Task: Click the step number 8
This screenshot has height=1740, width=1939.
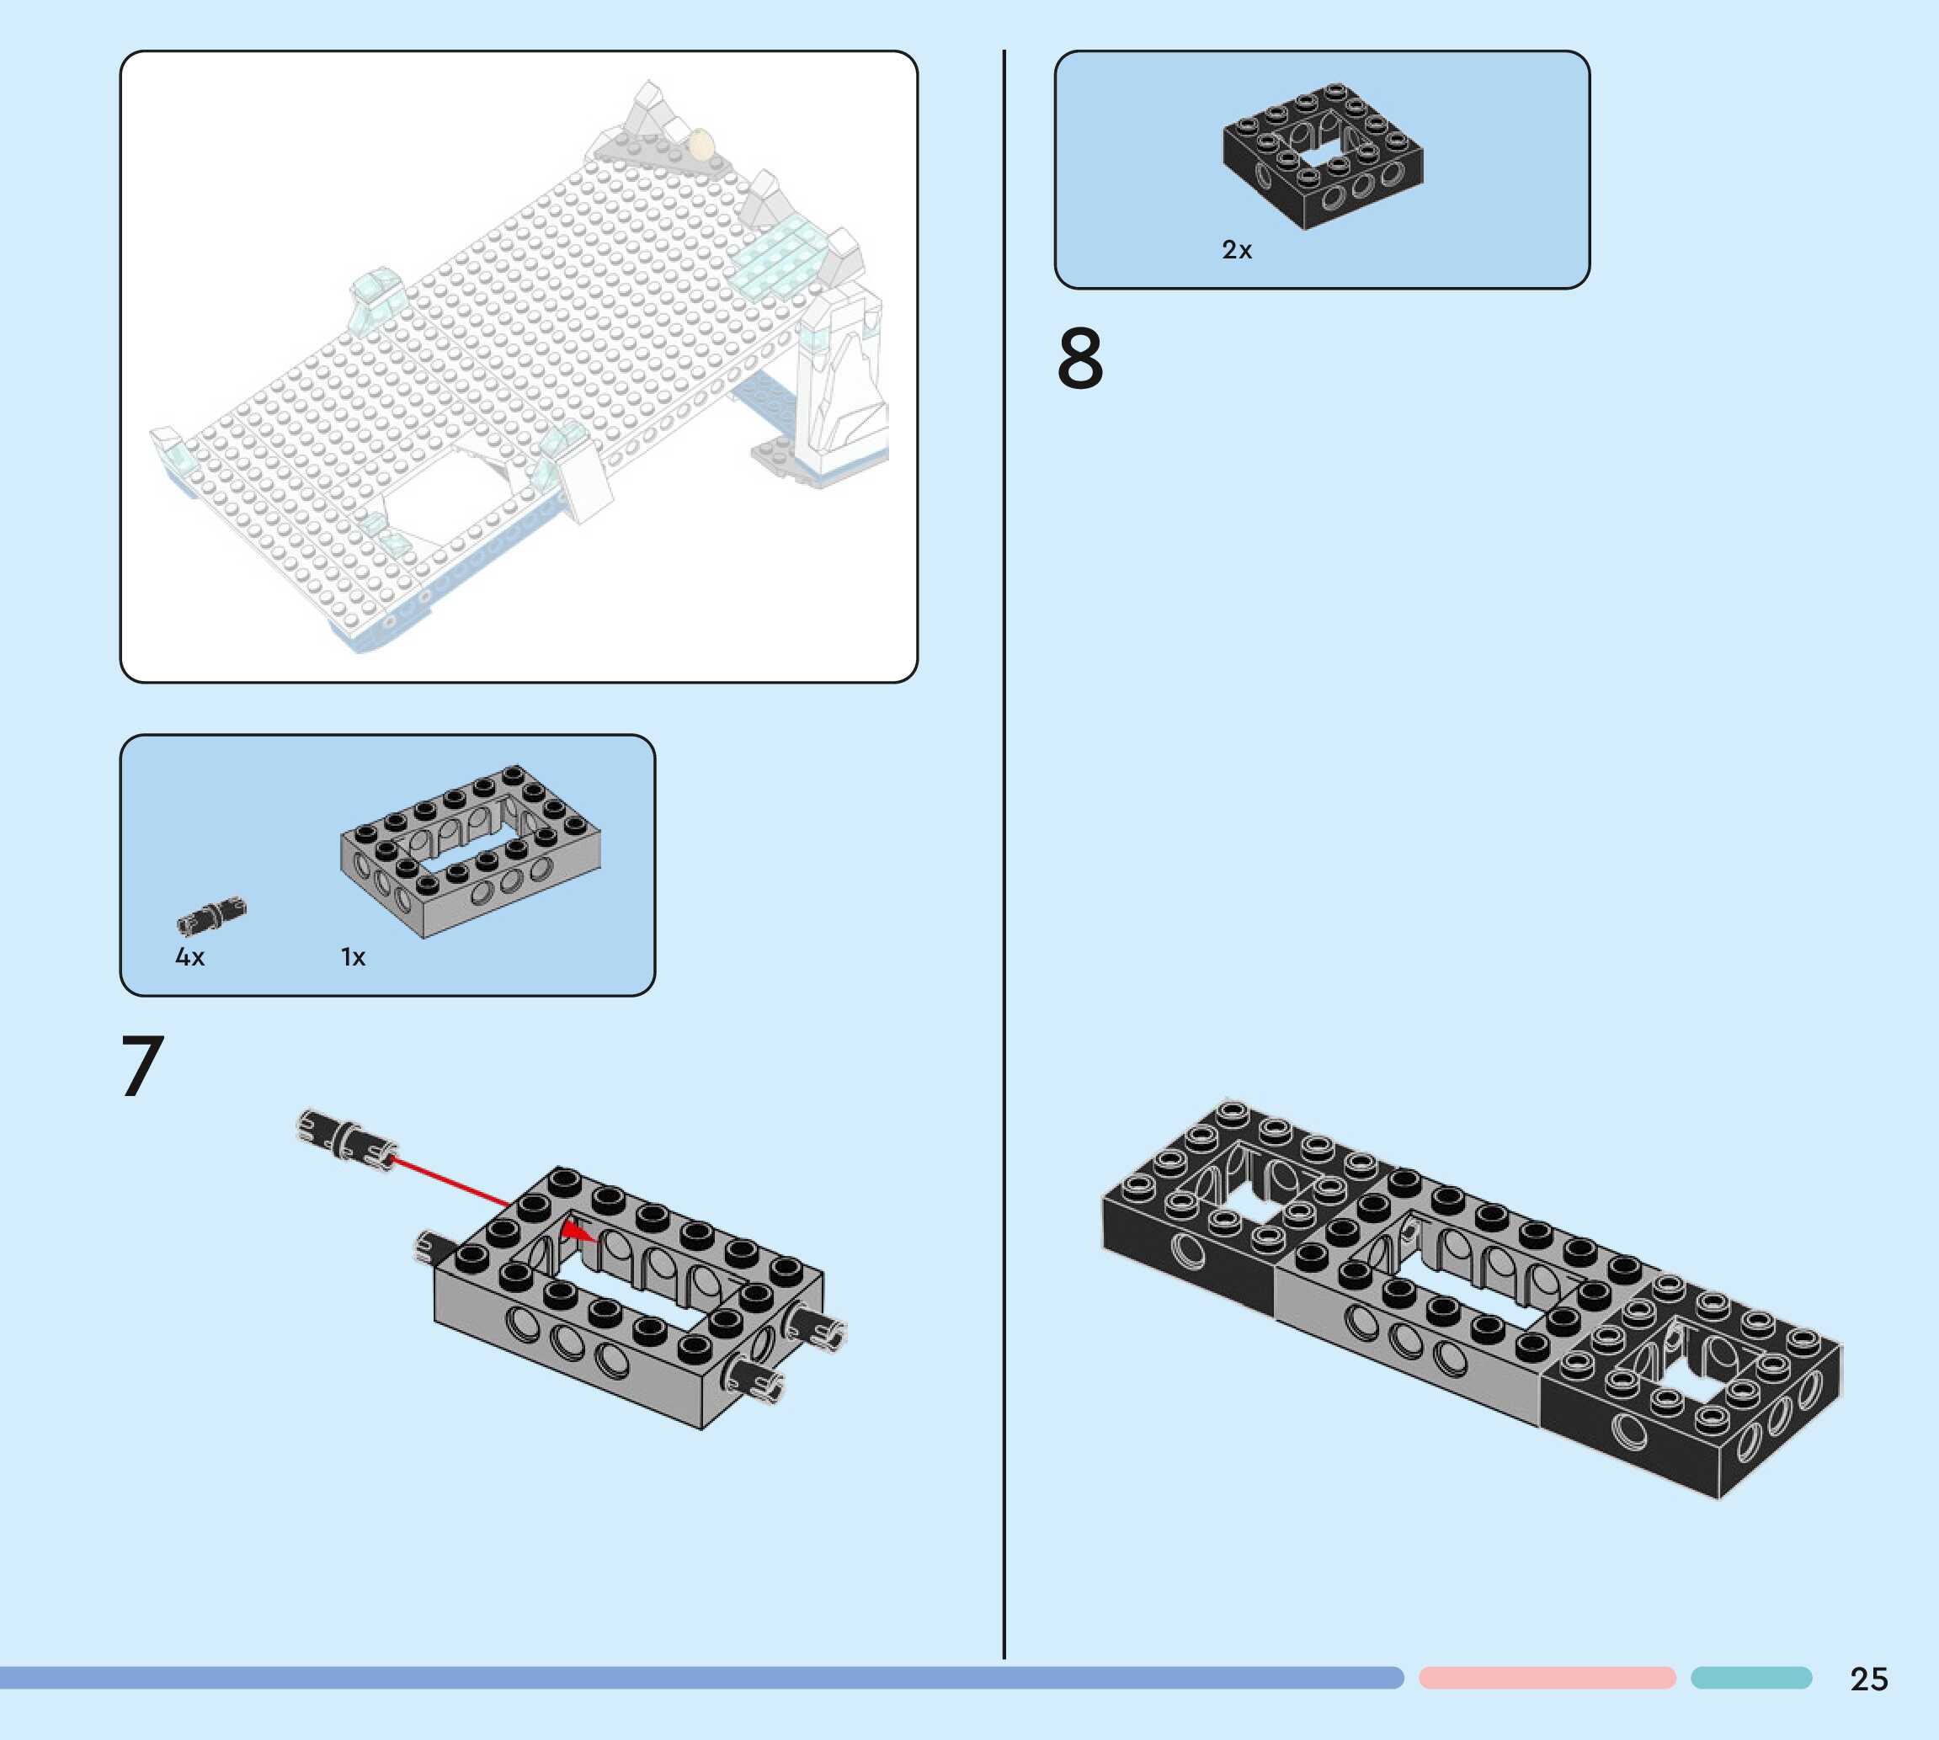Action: pyautogui.click(x=1079, y=359)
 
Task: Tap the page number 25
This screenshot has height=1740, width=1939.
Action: pyautogui.click(x=1868, y=1679)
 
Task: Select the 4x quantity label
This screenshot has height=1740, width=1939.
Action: pyautogui.click(x=189, y=957)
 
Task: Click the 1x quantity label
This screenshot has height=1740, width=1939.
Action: pyautogui.click(x=353, y=957)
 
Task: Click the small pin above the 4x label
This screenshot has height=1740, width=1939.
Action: pyautogui.click(x=211, y=915)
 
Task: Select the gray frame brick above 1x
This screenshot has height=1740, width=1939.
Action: pyautogui.click(x=471, y=850)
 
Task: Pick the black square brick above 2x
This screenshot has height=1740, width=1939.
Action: pyautogui.click(x=1323, y=156)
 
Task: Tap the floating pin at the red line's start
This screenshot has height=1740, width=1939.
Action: pyautogui.click(x=346, y=1139)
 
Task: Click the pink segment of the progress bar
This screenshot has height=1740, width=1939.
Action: pyautogui.click(x=1546, y=1678)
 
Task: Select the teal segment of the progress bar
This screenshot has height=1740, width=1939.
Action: pyautogui.click(x=1750, y=1678)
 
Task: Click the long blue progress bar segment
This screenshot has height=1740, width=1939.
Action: pyautogui.click(x=698, y=1678)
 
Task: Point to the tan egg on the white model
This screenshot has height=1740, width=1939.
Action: pyautogui.click(x=700, y=144)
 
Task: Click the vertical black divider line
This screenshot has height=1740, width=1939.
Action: pyautogui.click(x=1003, y=860)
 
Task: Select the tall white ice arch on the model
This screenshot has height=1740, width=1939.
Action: pyautogui.click(x=846, y=382)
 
